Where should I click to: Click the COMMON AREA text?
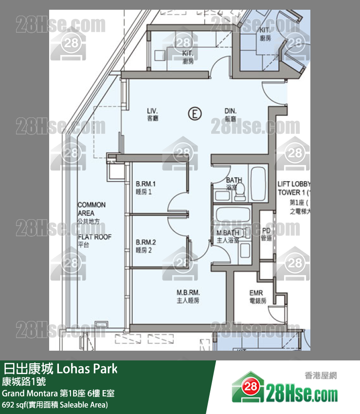[x=91, y=209]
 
